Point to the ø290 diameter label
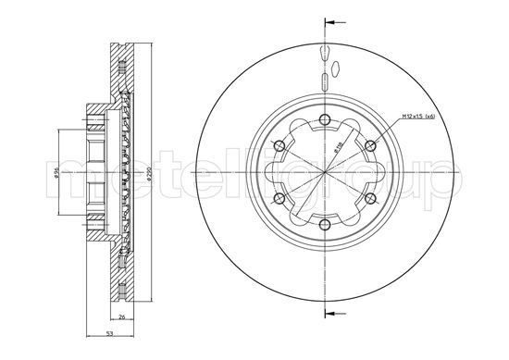point(149,173)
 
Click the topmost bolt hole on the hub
point(326,118)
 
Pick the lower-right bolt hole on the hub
point(372,200)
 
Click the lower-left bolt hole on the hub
point(279,200)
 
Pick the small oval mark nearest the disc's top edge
point(326,50)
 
